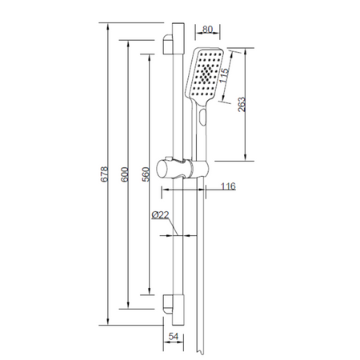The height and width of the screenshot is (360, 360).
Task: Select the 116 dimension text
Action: coord(228,186)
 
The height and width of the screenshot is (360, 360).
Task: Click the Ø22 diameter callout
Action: coord(158,215)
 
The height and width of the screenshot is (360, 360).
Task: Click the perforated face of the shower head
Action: coord(207,74)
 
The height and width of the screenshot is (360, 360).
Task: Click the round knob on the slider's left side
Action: coord(166,169)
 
